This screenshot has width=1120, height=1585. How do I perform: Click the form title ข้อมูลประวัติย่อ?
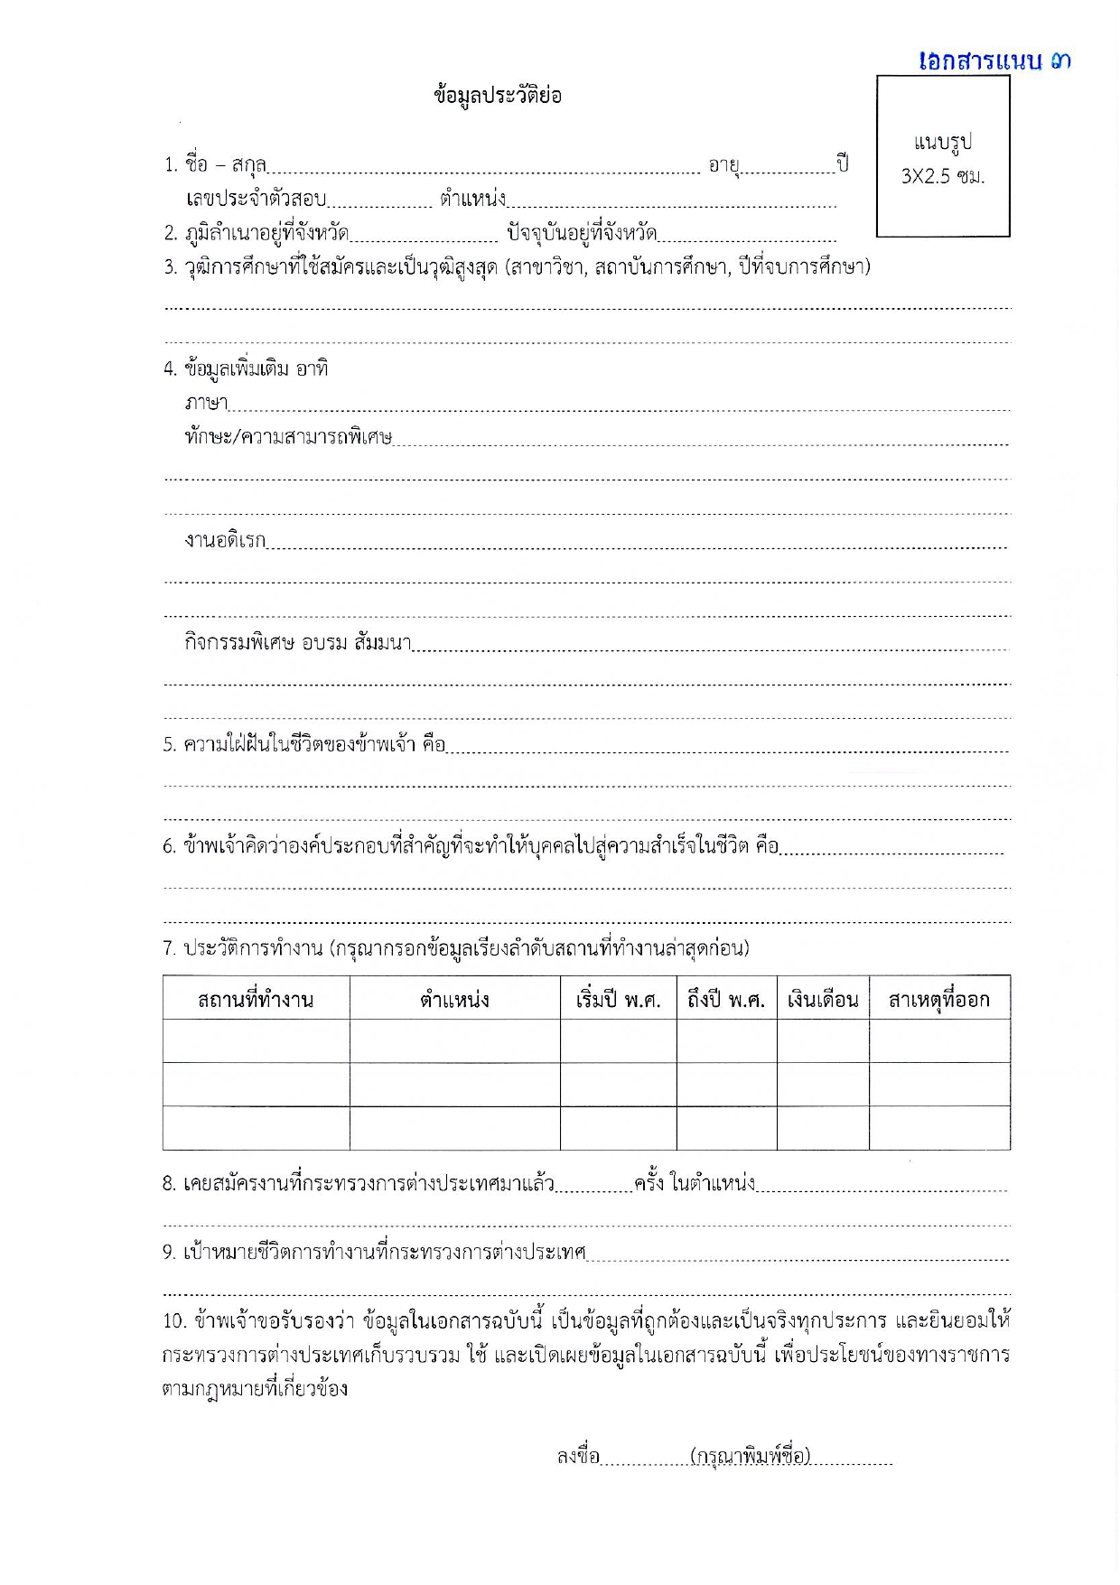(x=498, y=96)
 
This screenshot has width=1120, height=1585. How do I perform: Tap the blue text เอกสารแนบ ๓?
(x=994, y=61)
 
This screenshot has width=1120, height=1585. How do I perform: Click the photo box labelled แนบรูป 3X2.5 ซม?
(x=943, y=156)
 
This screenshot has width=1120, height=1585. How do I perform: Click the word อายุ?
(x=723, y=165)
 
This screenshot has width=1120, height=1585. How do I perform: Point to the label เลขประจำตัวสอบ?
(x=256, y=199)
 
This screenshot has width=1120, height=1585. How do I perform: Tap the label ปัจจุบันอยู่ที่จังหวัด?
(x=581, y=233)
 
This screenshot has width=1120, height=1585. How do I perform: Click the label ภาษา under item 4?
(x=206, y=403)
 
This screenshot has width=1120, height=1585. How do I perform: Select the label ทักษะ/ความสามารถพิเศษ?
(x=288, y=437)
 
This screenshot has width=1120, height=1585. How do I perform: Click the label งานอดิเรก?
(x=225, y=540)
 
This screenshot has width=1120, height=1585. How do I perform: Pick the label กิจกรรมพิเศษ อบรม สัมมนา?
(x=297, y=642)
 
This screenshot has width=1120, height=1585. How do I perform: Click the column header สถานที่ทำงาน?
(x=256, y=1000)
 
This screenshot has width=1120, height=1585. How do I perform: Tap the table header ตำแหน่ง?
(x=454, y=1000)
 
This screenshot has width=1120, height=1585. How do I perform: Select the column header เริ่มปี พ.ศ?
(x=618, y=1000)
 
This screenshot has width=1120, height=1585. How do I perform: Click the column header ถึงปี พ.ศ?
(x=726, y=1000)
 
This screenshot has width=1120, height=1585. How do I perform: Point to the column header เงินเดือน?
(x=823, y=1000)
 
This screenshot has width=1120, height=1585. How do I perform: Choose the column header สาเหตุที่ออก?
(x=939, y=1000)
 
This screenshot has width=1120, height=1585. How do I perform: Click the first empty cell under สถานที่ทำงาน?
(x=256, y=1041)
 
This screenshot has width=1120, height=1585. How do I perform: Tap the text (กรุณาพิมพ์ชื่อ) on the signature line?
(x=750, y=1456)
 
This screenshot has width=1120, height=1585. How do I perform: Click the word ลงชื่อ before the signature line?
(x=578, y=1456)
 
